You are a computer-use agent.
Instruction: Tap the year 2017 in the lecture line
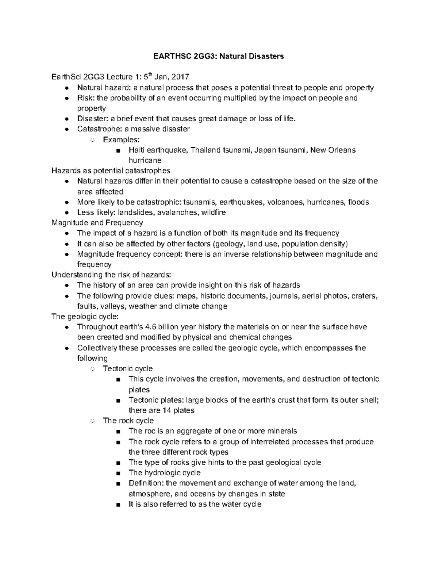(x=180, y=77)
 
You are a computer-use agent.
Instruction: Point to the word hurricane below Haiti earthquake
(x=145, y=160)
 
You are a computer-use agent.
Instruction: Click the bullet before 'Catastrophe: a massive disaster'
(x=66, y=129)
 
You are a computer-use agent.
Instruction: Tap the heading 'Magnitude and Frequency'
(x=97, y=223)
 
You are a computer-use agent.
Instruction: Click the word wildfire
(x=214, y=212)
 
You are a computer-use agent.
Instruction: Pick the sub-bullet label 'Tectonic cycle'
(x=128, y=369)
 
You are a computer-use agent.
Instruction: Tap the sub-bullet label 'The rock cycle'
(x=128, y=421)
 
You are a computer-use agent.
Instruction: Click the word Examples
(x=121, y=139)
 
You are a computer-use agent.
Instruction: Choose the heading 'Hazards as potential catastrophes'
(x=111, y=171)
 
